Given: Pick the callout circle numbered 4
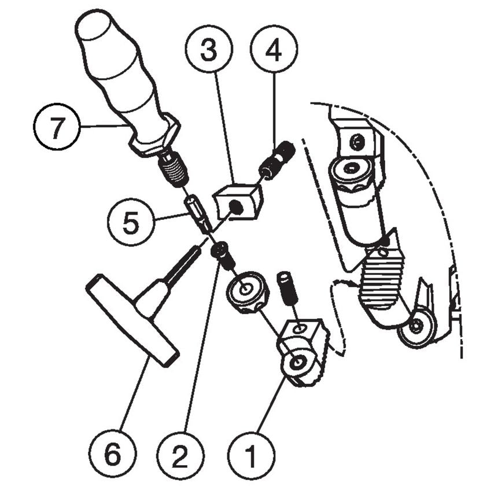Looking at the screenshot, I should (x=273, y=50).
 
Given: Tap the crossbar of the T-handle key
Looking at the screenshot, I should (x=132, y=322).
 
